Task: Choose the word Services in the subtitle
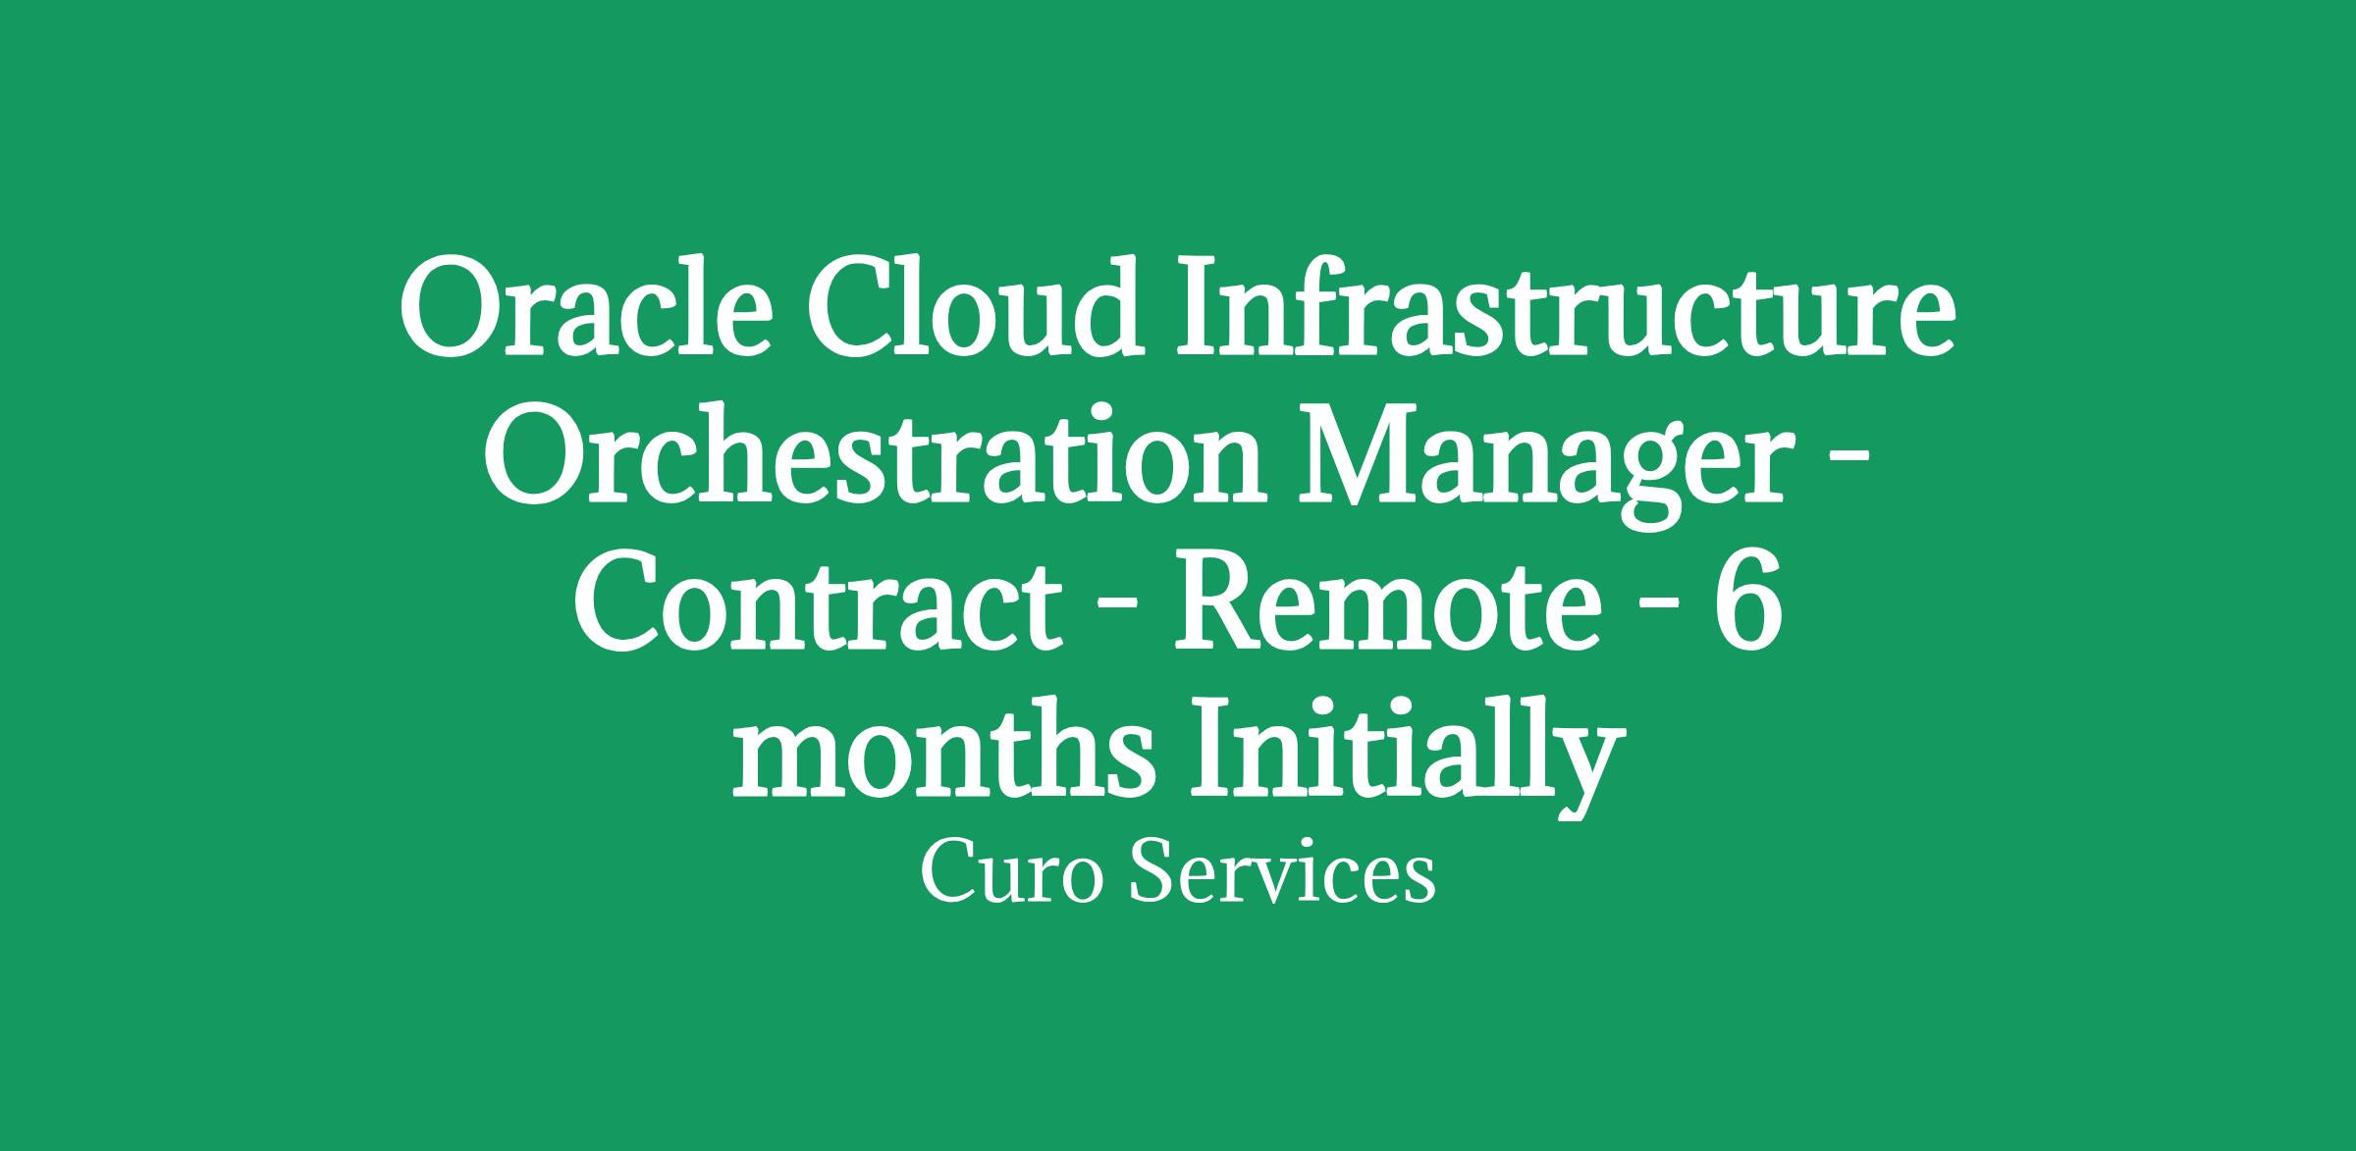tap(1282, 873)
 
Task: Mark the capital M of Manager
tap(1371, 458)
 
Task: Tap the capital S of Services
tap(1152, 873)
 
